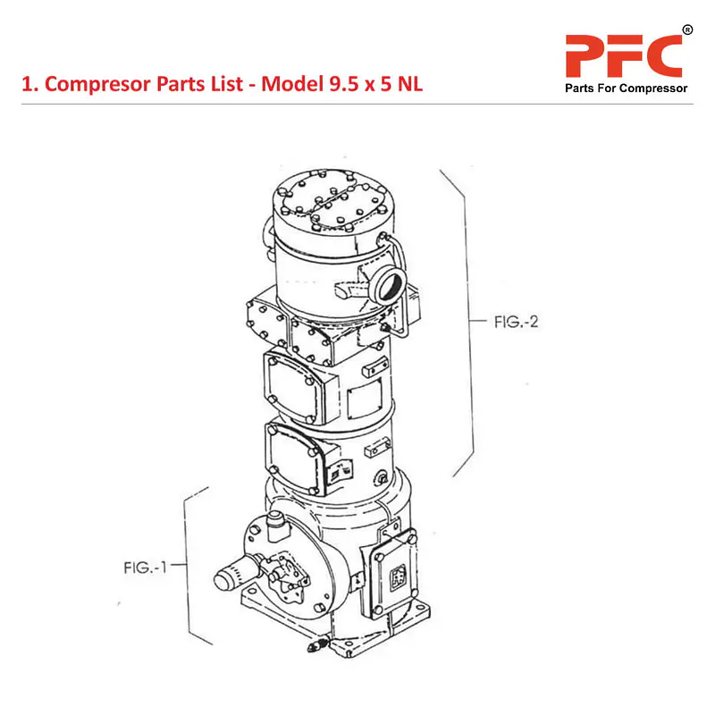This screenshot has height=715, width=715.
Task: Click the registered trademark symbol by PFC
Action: pos(686,30)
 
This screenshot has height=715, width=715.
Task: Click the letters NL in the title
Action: pos(407,85)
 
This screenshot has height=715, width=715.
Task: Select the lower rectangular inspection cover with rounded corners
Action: pos(293,456)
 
